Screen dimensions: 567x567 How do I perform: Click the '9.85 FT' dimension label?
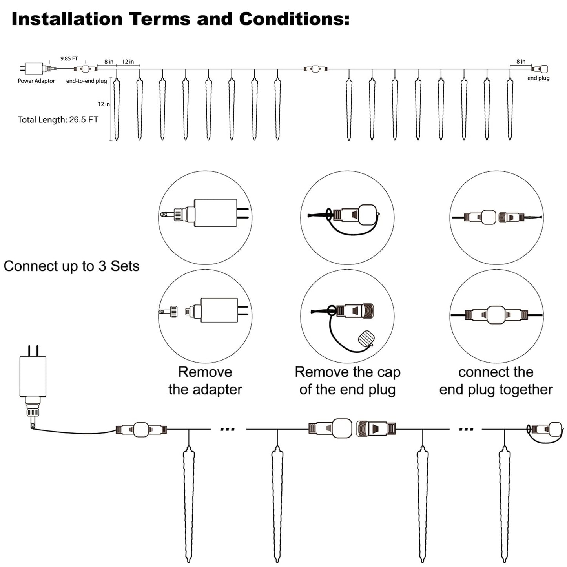click(x=69, y=59)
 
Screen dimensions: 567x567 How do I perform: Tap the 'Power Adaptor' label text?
click(x=36, y=81)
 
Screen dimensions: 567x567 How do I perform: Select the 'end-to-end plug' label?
click(x=86, y=81)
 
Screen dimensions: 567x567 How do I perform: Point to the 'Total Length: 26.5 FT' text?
click(x=58, y=120)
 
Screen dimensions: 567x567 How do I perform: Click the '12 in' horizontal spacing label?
click(x=128, y=62)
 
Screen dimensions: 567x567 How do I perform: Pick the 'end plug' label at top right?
click(x=538, y=78)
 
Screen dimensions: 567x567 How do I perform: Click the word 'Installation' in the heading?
click(x=67, y=19)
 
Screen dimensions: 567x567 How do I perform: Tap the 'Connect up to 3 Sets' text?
click(x=71, y=266)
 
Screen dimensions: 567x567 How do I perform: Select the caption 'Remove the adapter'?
click(x=205, y=381)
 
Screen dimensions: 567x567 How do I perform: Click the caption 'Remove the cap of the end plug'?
click(x=348, y=381)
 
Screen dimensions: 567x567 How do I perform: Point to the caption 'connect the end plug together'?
click(x=496, y=381)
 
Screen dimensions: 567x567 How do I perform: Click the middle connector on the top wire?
click(x=316, y=69)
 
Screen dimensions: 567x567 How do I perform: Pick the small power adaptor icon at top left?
click(x=34, y=68)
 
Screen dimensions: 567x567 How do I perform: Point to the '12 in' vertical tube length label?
click(x=104, y=104)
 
